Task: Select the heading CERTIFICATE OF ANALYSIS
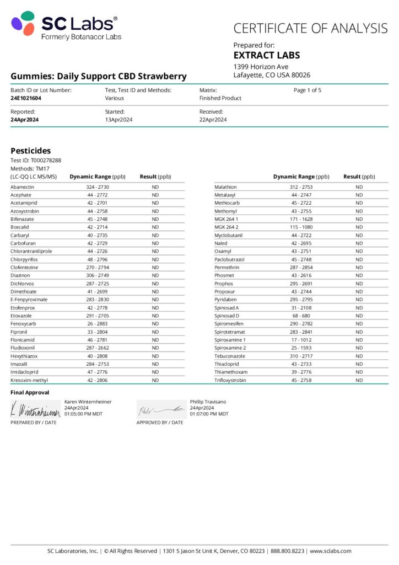pos(310,28)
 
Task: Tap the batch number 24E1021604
pos(26,98)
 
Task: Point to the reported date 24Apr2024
pos(24,120)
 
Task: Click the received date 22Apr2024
pos(213,120)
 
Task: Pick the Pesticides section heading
pos(31,151)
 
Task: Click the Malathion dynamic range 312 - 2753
pos(301,187)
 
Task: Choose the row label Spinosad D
pos(227,316)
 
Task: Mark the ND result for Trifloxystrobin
pos(359,380)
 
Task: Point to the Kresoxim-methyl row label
pos(30,380)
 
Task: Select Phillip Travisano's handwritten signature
pos(161,410)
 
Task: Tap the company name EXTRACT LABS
pos(266,56)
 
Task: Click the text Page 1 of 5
pos(308,90)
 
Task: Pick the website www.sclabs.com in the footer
pos(330,551)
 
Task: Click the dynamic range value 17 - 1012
pos(301,340)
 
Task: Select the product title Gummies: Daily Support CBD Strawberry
pos(99,76)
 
